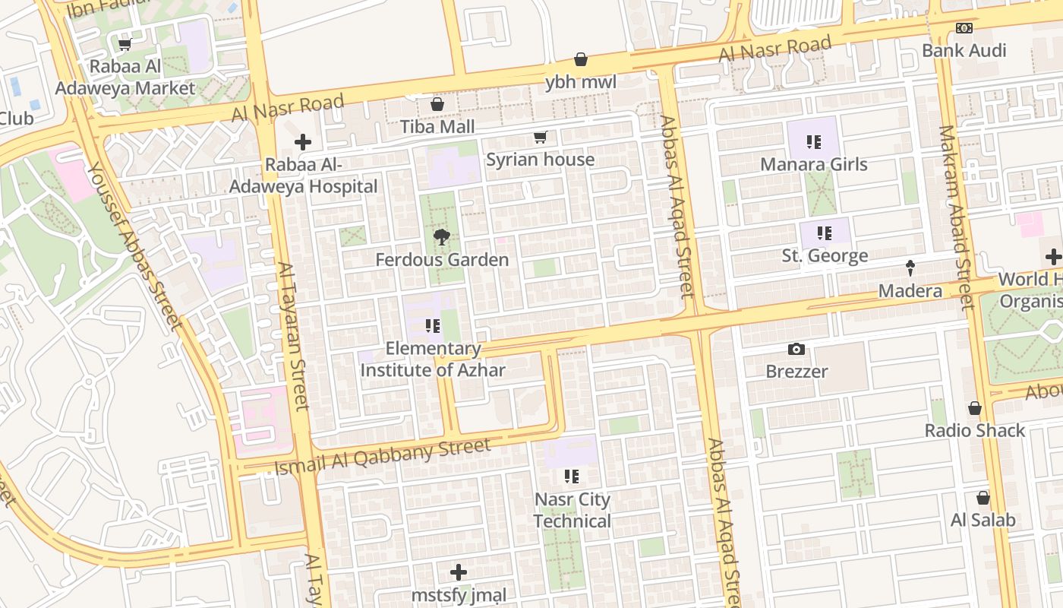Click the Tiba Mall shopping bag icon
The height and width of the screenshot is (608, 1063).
click(x=437, y=104)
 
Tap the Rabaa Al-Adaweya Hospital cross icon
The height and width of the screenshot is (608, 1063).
click(x=303, y=142)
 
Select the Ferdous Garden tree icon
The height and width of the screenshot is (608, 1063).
click(x=440, y=237)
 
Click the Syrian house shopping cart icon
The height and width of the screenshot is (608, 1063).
click(x=540, y=137)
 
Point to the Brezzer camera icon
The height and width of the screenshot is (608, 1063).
click(x=796, y=349)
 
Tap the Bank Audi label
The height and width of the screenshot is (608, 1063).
click(x=964, y=51)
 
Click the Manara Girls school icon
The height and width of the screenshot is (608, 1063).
click(x=814, y=141)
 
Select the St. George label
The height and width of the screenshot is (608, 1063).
click(x=825, y=256)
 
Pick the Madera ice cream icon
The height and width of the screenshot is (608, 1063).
click(x=910, y=268)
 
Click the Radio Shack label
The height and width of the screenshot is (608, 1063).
click(x=974, y=431)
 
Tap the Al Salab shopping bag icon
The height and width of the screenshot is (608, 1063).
click(x=983, y=498)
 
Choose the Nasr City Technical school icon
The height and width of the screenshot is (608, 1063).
click(x=572, y=477)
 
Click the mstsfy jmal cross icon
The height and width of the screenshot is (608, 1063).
click(x=459, y=572)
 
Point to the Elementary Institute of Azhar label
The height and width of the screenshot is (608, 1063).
click(x=433, y=359)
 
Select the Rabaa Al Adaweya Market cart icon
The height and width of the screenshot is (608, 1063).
click(x=125, y=44)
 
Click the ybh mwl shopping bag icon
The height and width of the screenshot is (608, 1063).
click(x=581, y=59)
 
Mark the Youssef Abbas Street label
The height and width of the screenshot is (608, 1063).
click(x=134, y=246)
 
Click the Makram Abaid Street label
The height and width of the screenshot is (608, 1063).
click(x=955, y=217)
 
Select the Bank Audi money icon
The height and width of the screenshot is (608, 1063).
click(x=964, y=28)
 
